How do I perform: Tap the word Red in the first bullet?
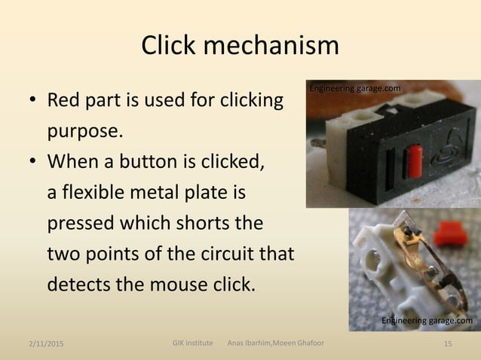(65, 100)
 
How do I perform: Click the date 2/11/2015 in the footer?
(41, 345)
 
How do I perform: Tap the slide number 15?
(449, 344)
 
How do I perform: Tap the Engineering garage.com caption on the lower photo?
(427, 322)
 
